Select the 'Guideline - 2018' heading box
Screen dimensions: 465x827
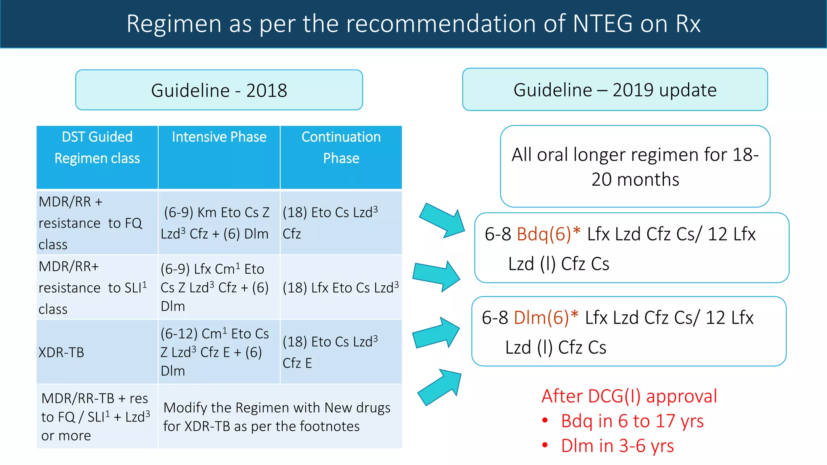219,90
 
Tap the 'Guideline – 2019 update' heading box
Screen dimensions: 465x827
615,90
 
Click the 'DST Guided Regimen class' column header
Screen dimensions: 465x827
97,148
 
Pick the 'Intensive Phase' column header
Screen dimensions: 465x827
219,137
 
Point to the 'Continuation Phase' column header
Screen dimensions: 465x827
341,148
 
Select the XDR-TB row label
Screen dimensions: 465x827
61,352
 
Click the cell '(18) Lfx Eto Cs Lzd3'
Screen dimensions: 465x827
340,288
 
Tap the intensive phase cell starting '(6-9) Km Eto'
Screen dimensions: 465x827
216,223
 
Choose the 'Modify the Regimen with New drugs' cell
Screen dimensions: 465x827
277,417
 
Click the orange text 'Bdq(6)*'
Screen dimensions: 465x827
549,234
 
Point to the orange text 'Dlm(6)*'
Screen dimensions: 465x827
546,318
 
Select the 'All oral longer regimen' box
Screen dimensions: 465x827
635,167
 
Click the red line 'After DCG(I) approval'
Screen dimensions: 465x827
629,396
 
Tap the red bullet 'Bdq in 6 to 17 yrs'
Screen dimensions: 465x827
632,421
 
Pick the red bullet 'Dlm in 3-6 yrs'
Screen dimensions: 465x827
617,446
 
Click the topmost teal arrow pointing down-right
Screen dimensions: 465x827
443,220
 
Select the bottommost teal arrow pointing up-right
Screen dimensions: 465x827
440,387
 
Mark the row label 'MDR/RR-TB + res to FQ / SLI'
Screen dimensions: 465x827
96,417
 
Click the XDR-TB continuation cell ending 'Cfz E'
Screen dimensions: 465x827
330,352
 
